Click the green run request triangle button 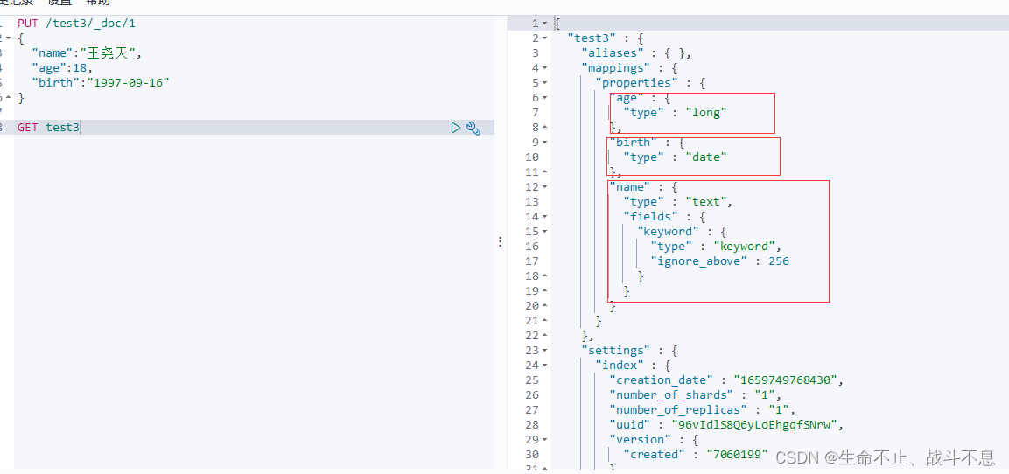coord(455,128)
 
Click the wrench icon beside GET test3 coord(473,128)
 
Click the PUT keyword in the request coord(28,24)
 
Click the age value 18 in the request coord(81,67)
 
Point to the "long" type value coord(705,112)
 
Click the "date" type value coord(705,157)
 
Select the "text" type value coord(705,202)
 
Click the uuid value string coord(753,425)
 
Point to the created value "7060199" coord(736,455)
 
